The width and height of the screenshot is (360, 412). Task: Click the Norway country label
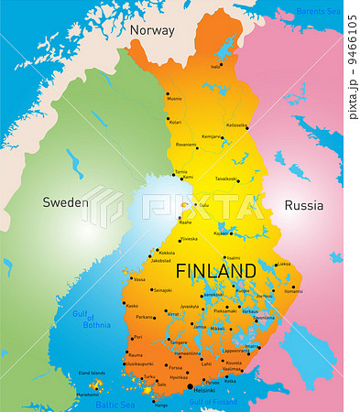click(x=151, y=30)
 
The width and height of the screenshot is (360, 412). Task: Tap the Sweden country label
click(x=67, y=202)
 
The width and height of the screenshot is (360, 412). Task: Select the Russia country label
click(x=303, y=206)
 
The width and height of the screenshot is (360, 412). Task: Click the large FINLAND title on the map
click(x=215, y=271)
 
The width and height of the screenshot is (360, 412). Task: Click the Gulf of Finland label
click(x=213, y=402)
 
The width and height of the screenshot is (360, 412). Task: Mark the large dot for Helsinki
click(x=191, y=387)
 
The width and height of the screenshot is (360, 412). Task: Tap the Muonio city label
click(x=174, y=99)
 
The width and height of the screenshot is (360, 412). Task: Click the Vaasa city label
click(x=138, y=279)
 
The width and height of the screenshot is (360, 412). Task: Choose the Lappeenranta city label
click(x=237, y=351)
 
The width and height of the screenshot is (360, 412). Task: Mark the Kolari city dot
click(x=169, y=119)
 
